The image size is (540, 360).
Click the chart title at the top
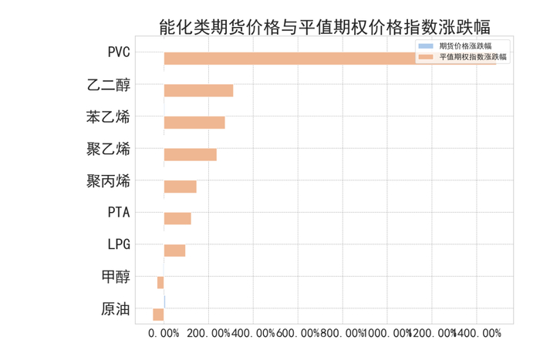(x=324, y=29)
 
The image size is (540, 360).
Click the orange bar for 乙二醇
(x=198, y=91)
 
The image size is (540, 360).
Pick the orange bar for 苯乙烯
(x=194, y=123)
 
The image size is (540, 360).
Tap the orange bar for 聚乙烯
(x=190, y=155)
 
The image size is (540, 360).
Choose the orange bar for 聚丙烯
(x=180, y=187)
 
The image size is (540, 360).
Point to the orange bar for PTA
(x=177, y=219)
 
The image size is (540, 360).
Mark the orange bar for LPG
(x=174, y=251)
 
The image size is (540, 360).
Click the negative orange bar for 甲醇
(x=160, y=283)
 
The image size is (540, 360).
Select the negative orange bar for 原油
(x=158, y=315)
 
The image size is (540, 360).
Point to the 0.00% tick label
(x=164, y=334)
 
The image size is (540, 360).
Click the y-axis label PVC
(x=119, y=53)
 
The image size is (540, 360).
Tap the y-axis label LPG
(x=119, y=245)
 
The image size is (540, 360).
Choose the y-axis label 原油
(x=116, y=310)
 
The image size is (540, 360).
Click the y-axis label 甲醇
(x=116, y=278)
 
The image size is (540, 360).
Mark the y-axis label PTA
(x=119, y=214)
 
